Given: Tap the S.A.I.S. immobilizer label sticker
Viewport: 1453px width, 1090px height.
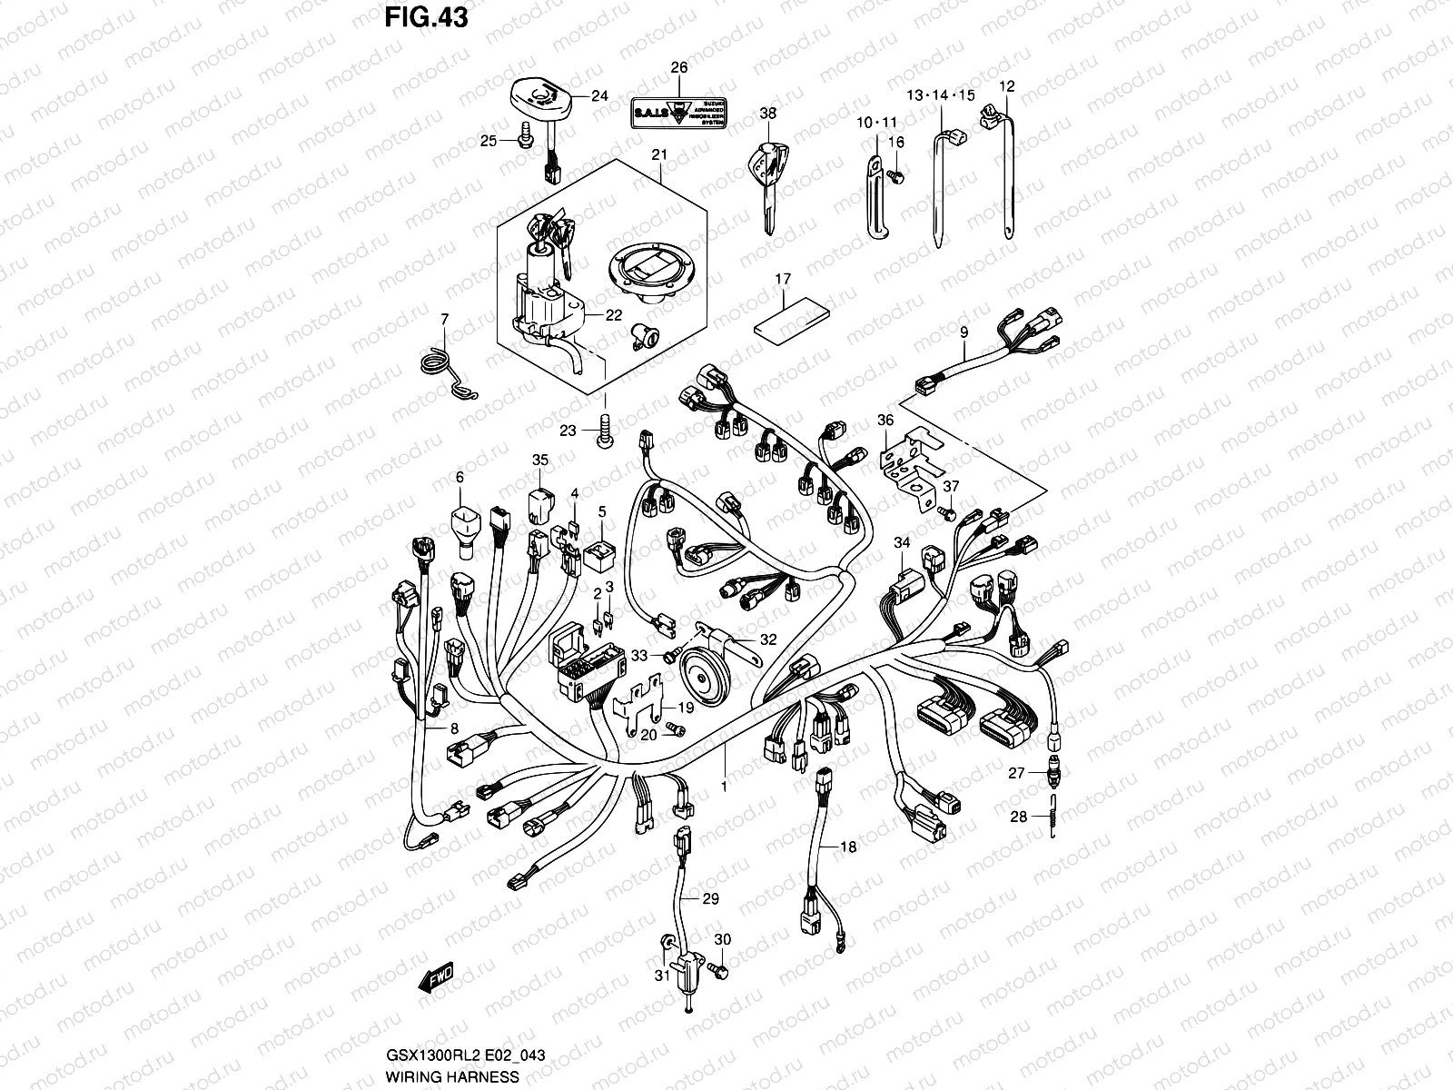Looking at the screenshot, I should coord(678,114).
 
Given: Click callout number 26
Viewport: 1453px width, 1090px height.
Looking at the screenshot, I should coord(679,68).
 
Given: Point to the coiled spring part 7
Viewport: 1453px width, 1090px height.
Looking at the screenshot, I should coord(446,363).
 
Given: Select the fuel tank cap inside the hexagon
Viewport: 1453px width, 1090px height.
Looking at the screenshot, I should coord(646,273).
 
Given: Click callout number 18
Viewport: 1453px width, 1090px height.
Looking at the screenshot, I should coord(847,847).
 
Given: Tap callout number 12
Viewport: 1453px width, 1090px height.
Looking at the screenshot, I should coord(1006,87).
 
